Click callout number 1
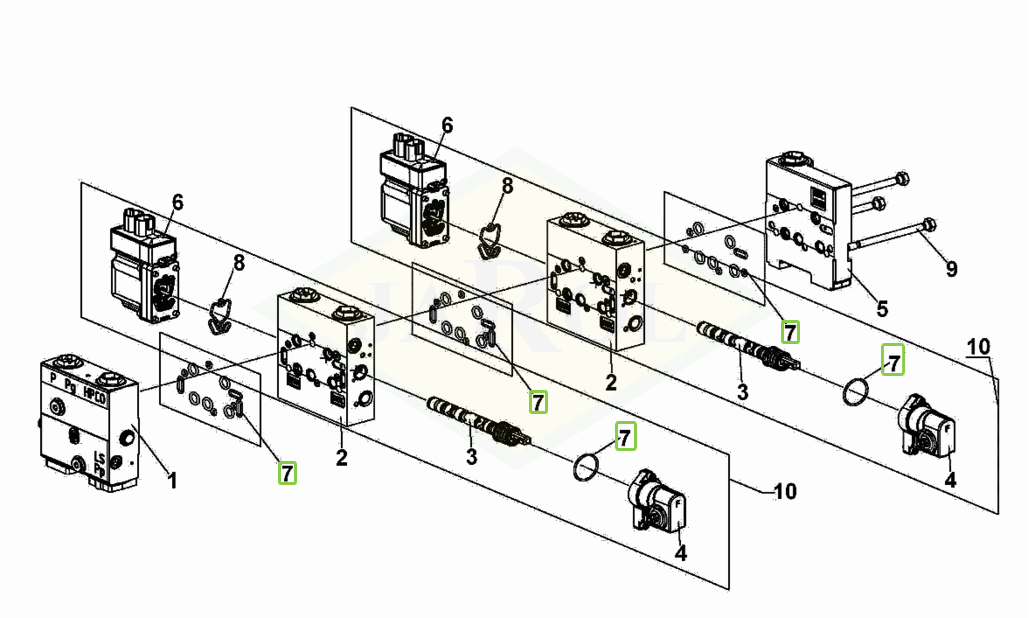[171, 481]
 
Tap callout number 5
[881, 309]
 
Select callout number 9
[951, 269]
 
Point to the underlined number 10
[978, 347]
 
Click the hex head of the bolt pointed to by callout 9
[929, 223]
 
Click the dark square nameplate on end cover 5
[817, 198]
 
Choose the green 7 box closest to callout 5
[789, 332]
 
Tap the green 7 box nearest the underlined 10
[892, 359]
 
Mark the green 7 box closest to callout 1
[288, 473]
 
